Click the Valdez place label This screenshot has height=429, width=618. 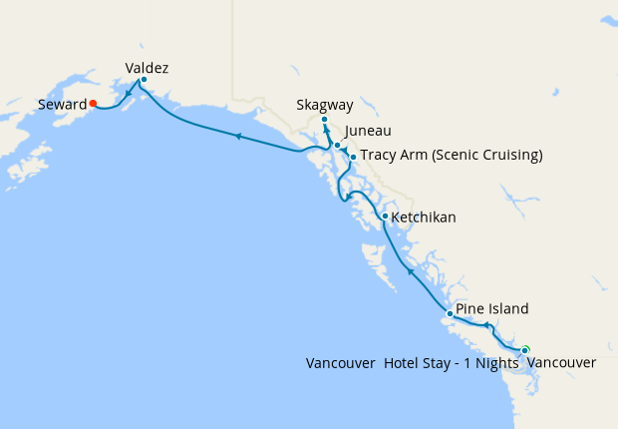coord(147,68)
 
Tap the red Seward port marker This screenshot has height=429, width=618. coord(92,102)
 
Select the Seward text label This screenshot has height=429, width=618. coord(61,104)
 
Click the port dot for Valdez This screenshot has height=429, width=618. coord(144,80)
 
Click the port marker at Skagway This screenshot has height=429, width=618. coord(324,121)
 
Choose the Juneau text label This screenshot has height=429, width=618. coord(368,131)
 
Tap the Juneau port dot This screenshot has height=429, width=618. coord(337,146)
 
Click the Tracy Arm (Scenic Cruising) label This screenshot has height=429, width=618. coord(451,155)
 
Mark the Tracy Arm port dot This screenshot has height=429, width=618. coord(353,157)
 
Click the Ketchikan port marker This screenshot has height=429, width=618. coord(385,215)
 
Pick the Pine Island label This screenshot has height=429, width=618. coord(492,309)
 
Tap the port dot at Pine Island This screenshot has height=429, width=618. coord(450,314)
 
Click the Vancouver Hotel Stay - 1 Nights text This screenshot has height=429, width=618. coord(413,363)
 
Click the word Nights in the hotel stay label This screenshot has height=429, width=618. coord(497,363)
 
